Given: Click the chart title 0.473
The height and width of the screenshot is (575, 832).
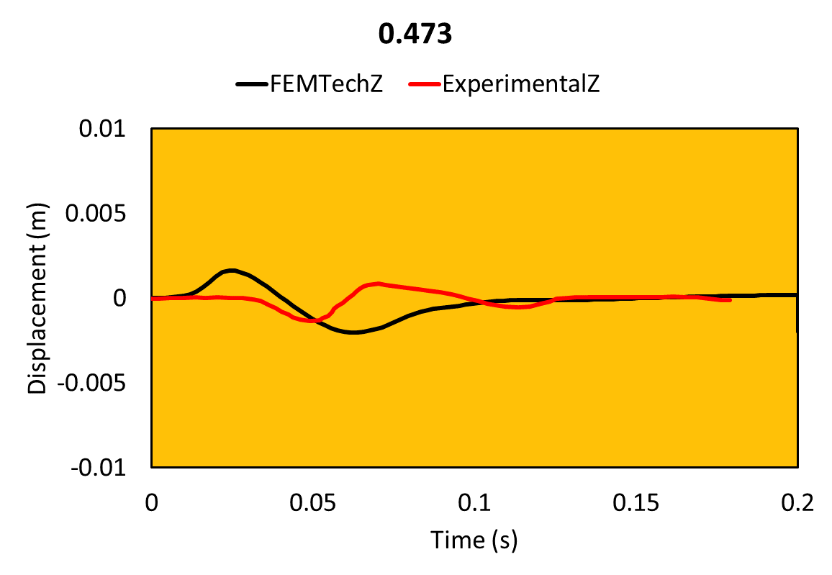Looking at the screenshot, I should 415,35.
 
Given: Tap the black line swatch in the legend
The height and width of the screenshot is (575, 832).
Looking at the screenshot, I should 251,85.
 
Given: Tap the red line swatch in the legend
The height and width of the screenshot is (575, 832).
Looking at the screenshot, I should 424,85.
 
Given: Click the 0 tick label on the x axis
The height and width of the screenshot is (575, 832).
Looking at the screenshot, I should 151,502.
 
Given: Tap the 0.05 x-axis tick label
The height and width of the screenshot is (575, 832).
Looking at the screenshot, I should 312,502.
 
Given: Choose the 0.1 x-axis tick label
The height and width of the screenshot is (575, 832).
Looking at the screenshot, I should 474,502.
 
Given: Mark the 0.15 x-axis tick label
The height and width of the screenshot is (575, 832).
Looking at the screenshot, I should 636,502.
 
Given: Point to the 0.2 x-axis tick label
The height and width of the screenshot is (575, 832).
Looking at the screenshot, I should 797,502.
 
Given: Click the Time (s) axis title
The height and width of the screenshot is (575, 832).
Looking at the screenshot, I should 474,539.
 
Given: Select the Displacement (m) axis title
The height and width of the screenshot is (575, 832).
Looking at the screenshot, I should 38,299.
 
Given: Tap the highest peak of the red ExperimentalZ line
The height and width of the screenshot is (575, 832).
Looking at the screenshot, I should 379,284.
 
